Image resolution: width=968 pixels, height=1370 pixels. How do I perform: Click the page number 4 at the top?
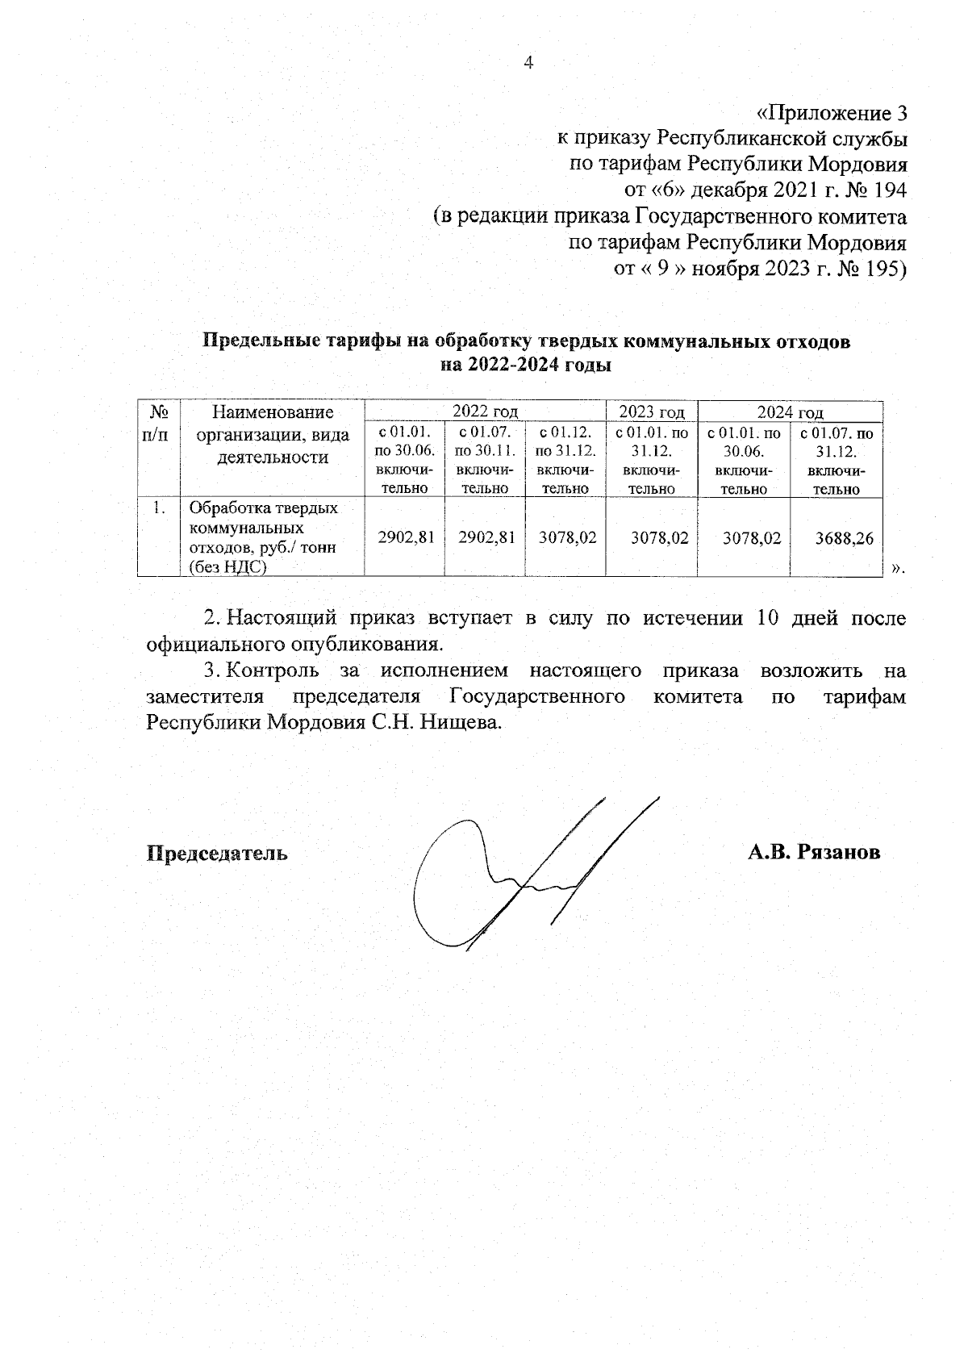529,63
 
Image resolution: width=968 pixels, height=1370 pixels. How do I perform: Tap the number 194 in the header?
886,190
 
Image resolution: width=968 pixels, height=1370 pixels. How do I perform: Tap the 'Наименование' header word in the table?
273,413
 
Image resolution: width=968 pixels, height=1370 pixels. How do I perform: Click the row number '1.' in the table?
159,507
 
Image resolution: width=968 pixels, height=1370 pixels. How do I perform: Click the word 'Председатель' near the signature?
216,853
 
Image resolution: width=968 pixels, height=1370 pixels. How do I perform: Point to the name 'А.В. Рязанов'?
813,853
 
